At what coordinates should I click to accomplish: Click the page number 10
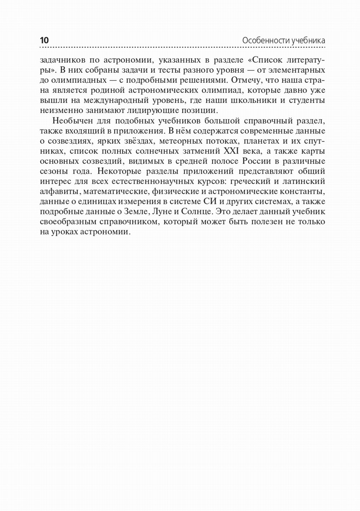44,40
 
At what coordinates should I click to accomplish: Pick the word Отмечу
246,80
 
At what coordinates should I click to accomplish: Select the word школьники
257,100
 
